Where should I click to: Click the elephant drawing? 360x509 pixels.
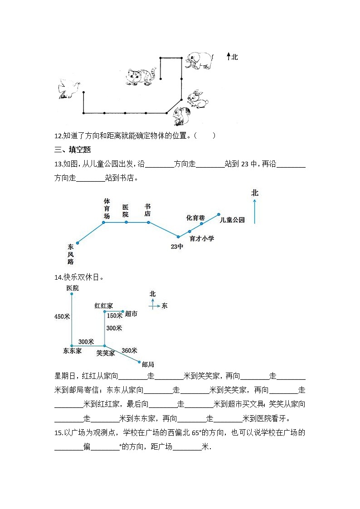pos(199,60)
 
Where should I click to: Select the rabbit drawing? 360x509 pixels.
pos(198,99)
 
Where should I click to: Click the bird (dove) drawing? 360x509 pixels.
pos(69,89)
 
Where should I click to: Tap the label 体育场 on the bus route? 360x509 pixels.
pos(107,208)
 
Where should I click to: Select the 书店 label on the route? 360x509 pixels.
pos(147,210)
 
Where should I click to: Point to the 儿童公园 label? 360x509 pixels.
pos(232,220)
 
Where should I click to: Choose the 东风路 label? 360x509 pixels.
pos(70,254)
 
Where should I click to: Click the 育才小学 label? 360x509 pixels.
pos(202,238)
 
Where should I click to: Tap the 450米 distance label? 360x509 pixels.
pos(62,317)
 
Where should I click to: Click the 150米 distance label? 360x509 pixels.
pos(115,315)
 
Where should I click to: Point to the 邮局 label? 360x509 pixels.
pos(148,364)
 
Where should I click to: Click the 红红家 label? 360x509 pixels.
pos(103,305)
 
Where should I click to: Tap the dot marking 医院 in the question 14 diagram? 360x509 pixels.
pos(72,294)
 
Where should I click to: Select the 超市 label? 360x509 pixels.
pos(131,314)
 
